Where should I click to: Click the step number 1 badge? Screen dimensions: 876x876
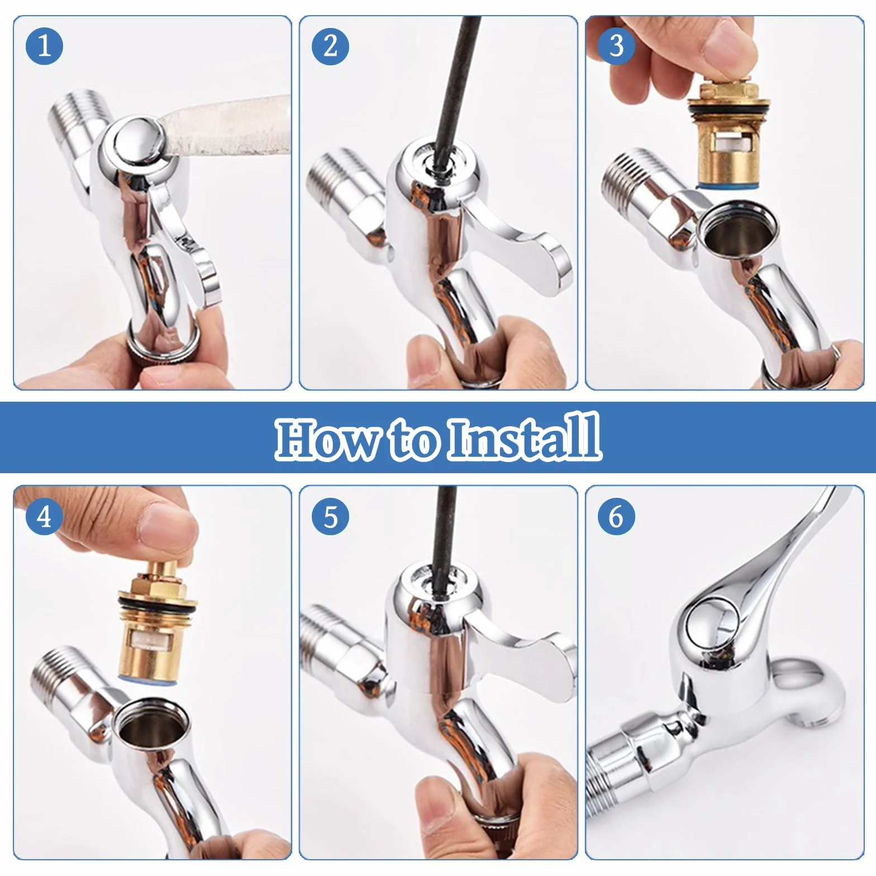[44, 45]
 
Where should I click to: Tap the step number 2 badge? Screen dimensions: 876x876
[330, 45]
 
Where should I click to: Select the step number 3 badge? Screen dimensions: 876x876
[616, 45]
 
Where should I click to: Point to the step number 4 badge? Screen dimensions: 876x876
[44, 516]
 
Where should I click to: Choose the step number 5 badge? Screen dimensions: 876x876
[330, 516]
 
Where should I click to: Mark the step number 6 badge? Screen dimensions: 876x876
[616, 516]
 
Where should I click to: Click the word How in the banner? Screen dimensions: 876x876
[327, 437]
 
